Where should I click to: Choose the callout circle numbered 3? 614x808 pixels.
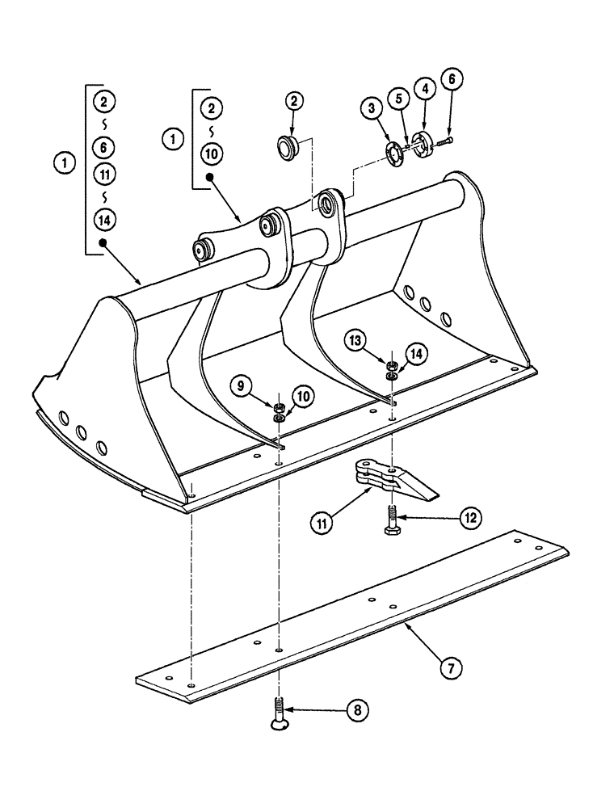371,108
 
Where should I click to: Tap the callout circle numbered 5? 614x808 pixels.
397,97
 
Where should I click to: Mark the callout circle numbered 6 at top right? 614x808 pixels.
453,79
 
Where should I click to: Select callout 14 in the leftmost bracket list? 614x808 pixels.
103,217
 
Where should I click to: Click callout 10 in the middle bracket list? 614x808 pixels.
210,153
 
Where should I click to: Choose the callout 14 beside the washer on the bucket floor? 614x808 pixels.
415,353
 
